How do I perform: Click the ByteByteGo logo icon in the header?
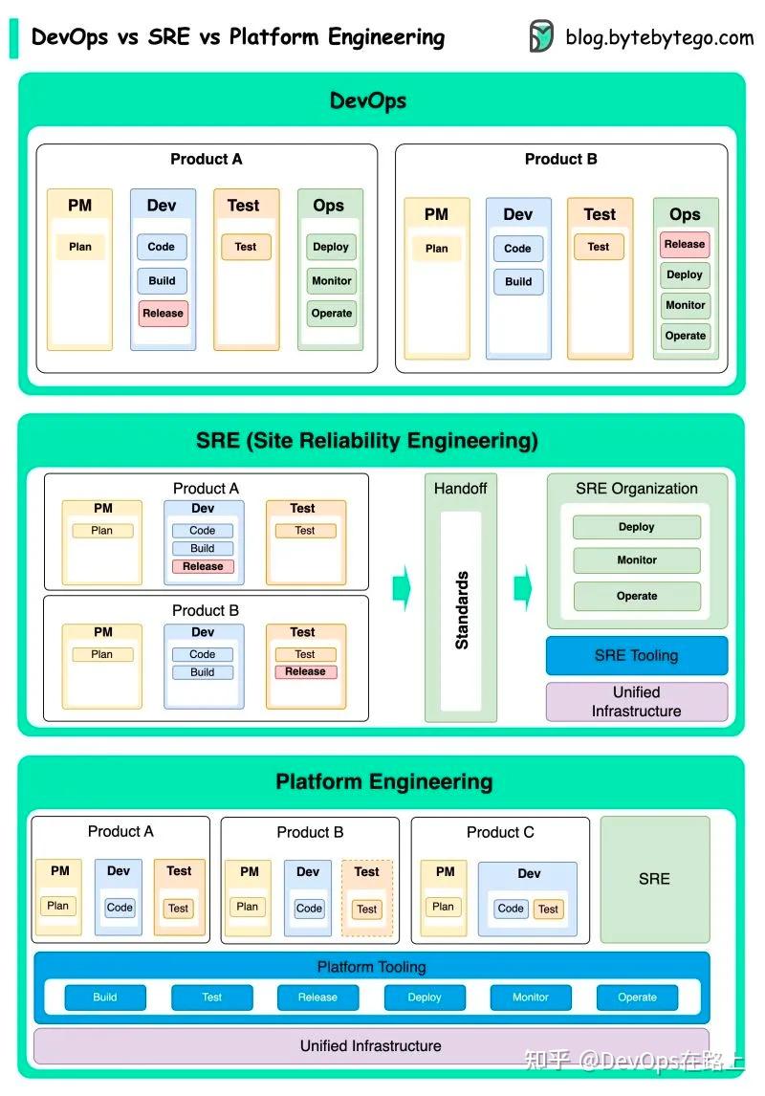click(541, 36)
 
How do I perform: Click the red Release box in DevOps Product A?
click(163, 313)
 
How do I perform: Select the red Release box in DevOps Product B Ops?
click(685, 244)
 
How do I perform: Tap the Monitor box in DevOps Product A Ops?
click(332, 280)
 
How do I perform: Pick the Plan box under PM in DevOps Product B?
click(436, 248)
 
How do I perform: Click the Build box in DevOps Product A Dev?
click(162, 280)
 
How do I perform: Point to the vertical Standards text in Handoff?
click(461, 610)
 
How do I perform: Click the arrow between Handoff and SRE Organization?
click(522, 587)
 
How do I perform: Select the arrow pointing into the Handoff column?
click(402, 587)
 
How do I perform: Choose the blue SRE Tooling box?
click(636, 655)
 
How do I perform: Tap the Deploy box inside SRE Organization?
click(636, 527)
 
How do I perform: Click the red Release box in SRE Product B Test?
click(305, 671)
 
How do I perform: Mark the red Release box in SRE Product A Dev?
click(203, 566)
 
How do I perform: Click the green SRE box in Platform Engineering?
click(654, 878)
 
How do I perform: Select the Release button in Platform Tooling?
click(317, 997)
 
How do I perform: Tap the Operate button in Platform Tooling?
click(637, 997)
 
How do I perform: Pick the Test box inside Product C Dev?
click(548, 909)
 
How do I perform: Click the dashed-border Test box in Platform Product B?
click(367, 909)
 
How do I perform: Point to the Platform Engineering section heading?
click(383, 781)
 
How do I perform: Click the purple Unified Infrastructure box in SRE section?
click(636, 701)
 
